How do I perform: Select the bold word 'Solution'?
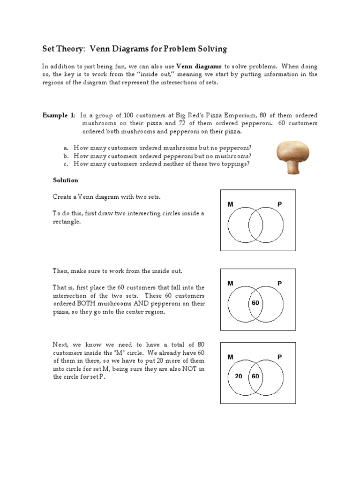tap(66, 180)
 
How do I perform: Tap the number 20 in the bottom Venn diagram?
tap(239, 376)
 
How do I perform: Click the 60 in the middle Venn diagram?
tap(255, 303)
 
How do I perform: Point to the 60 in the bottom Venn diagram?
tap(255, 376)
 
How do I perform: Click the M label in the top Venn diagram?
tap(230, 204)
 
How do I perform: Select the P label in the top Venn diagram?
tap(280, 204)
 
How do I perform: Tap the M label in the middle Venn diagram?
tap(230, 284)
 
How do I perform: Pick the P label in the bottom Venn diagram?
tap(280, 357)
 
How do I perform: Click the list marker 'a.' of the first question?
tap(66, 147)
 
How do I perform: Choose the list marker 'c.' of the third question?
tap(66, 164)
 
